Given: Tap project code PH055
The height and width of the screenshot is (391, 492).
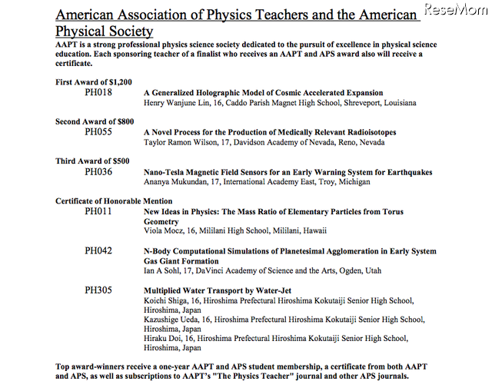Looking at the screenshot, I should (98, 132).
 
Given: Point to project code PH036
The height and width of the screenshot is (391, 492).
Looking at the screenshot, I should (98, 172).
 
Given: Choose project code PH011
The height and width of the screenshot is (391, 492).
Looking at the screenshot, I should (98, 211).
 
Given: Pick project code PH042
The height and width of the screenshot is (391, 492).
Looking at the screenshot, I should (98, 251).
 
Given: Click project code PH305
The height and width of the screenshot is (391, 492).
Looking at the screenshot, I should (98, 291).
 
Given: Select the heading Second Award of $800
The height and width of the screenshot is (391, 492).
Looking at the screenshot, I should (95, 122).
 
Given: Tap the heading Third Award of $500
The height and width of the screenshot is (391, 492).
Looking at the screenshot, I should (92, 161).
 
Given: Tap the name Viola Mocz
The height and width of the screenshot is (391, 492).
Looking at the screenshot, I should (164, 230).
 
